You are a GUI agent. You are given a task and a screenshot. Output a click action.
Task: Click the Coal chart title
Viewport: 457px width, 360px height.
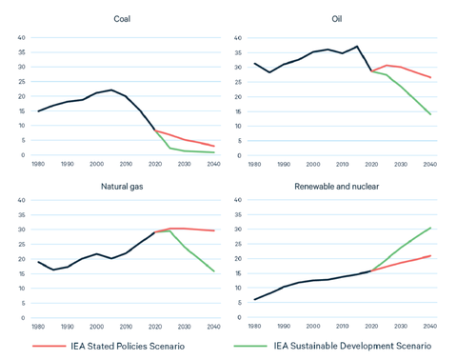122,19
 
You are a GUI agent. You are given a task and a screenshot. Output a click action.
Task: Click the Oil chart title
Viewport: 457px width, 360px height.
337,19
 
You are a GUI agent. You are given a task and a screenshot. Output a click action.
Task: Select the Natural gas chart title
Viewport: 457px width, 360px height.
122,187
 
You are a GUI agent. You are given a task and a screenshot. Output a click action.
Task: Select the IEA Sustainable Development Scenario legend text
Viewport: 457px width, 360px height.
353,346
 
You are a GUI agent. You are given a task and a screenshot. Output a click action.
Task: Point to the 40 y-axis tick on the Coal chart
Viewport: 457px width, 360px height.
21,37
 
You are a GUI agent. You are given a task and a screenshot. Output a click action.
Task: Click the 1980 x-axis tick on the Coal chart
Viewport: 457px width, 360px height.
38,165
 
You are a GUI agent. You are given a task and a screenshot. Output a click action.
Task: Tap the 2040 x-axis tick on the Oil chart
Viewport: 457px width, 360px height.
429,165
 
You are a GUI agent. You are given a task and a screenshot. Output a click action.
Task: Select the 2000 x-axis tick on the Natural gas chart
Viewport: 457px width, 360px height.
97,327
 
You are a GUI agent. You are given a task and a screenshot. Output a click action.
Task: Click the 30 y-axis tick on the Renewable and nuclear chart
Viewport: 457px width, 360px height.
237,230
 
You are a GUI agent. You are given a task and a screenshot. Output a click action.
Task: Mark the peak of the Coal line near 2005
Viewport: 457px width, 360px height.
111,90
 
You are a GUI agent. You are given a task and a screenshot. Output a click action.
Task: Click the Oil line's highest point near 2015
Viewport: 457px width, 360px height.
357,46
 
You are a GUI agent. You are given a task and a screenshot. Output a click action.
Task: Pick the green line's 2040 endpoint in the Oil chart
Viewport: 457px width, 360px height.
430,114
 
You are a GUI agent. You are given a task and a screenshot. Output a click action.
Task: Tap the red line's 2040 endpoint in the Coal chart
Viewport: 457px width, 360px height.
214,146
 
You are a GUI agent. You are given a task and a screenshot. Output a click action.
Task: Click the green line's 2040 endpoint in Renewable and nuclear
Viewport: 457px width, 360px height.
430,228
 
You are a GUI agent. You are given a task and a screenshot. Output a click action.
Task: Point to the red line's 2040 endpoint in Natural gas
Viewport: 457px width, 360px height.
214,230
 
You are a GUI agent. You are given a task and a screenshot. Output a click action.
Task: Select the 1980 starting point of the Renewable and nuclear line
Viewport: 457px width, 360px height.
254,300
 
